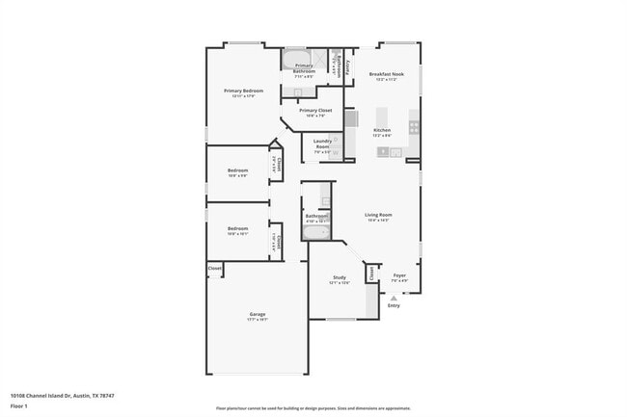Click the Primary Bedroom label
click(x=243, y=91)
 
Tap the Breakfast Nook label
click(x=386, y=73)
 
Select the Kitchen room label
click(x=382, y=130)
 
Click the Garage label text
click(x=258, y=314)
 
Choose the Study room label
click(x=340, y=277)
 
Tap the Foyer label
click(x=399, y=275)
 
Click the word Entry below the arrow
click(x=394, y=305)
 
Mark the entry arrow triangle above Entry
click(x=394, y=298)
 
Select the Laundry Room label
click(x=322, y=143)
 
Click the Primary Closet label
click(x=315, y=111)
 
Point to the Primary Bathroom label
click(x=305, y=68)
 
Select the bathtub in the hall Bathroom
click(x=315, y=232)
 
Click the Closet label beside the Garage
click(x=214, y=268)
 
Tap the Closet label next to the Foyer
click(x=371, y=274)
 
